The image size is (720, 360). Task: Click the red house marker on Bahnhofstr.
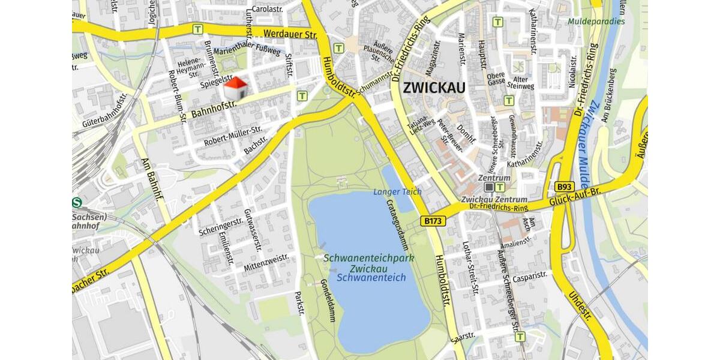pos(236,89)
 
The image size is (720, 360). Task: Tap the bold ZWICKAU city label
pos(434,88)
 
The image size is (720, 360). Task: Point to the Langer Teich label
pos(397,191)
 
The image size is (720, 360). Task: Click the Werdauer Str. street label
pos(290,35)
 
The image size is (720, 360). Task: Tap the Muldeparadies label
pos(596,22)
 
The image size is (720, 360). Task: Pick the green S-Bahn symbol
pos(76,203)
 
